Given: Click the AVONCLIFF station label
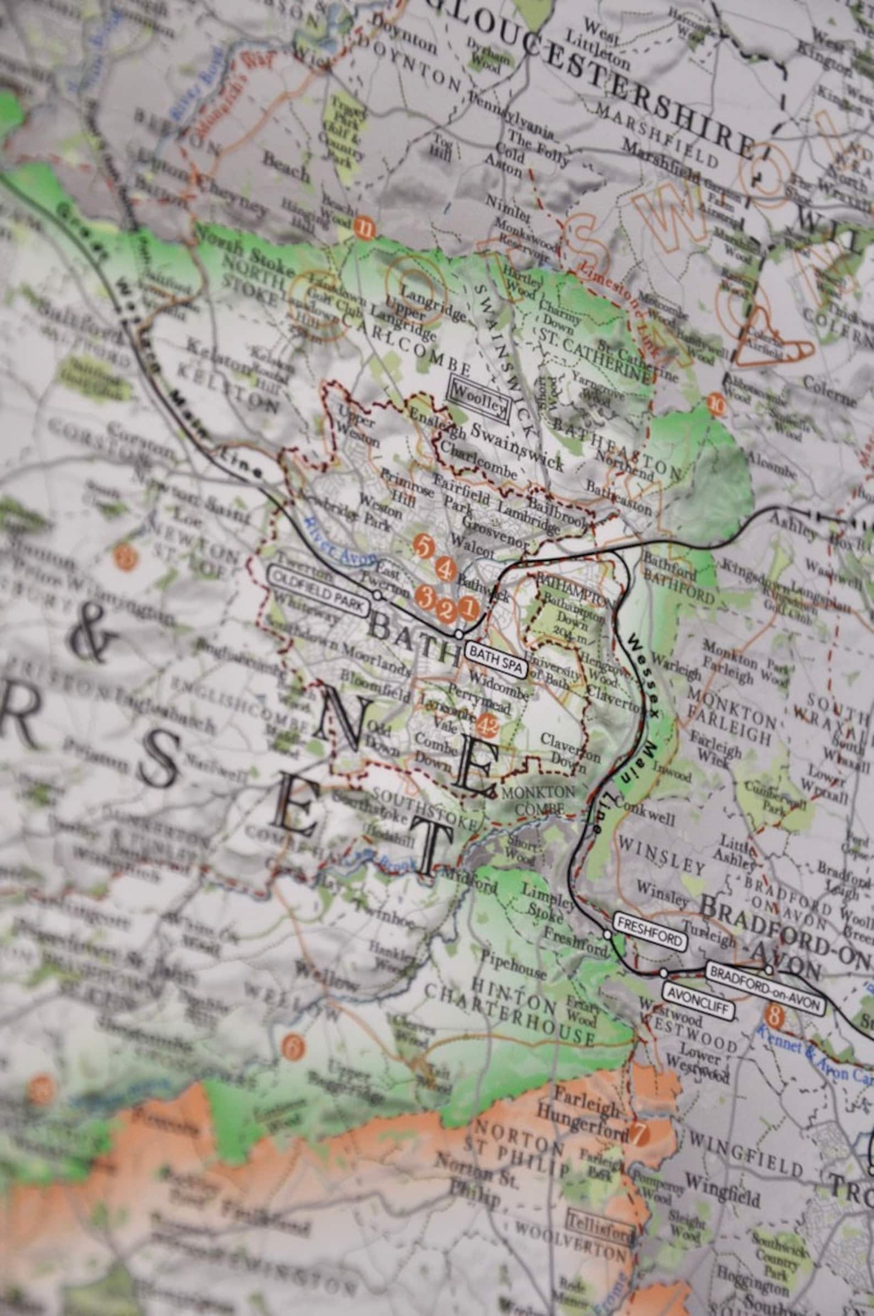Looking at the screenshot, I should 698,990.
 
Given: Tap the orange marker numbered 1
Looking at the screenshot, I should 468,609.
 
